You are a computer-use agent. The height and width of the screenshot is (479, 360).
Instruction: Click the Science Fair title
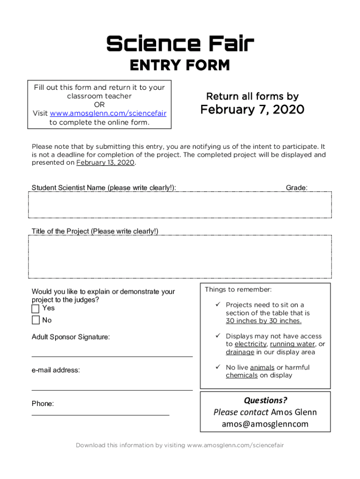[180, 44]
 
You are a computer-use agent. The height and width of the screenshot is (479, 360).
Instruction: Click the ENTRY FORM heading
[180, 65]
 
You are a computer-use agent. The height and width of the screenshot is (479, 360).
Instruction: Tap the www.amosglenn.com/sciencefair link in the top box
[108, 113]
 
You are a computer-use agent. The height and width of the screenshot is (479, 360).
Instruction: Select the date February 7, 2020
[252, 109]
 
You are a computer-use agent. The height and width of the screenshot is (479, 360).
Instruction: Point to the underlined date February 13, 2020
[106, 163]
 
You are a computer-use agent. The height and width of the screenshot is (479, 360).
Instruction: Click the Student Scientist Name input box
[180, 205]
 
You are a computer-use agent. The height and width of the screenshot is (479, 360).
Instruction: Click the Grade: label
[296, 188]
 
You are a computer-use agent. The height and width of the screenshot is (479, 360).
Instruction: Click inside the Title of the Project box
[180, 257]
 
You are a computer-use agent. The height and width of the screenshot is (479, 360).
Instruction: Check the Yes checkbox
[36, 309]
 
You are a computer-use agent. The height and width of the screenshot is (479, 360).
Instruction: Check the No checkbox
[36, 320]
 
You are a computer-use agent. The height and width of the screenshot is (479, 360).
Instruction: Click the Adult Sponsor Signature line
[112, 356]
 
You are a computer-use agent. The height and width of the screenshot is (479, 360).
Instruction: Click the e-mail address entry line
[112, 389]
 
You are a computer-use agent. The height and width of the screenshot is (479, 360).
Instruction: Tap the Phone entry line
[101, 414]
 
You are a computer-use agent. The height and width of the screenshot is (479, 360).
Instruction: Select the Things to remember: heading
[238, 290]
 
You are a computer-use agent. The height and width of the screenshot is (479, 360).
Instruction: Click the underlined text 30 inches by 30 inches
[264, 321]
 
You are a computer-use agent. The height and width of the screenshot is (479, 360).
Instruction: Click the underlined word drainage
[240, 352]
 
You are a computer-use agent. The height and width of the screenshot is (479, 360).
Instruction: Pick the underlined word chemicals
[242, 375]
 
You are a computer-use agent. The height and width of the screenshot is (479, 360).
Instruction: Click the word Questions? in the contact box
[265, 400]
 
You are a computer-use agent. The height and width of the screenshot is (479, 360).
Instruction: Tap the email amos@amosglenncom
[265, 424]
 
